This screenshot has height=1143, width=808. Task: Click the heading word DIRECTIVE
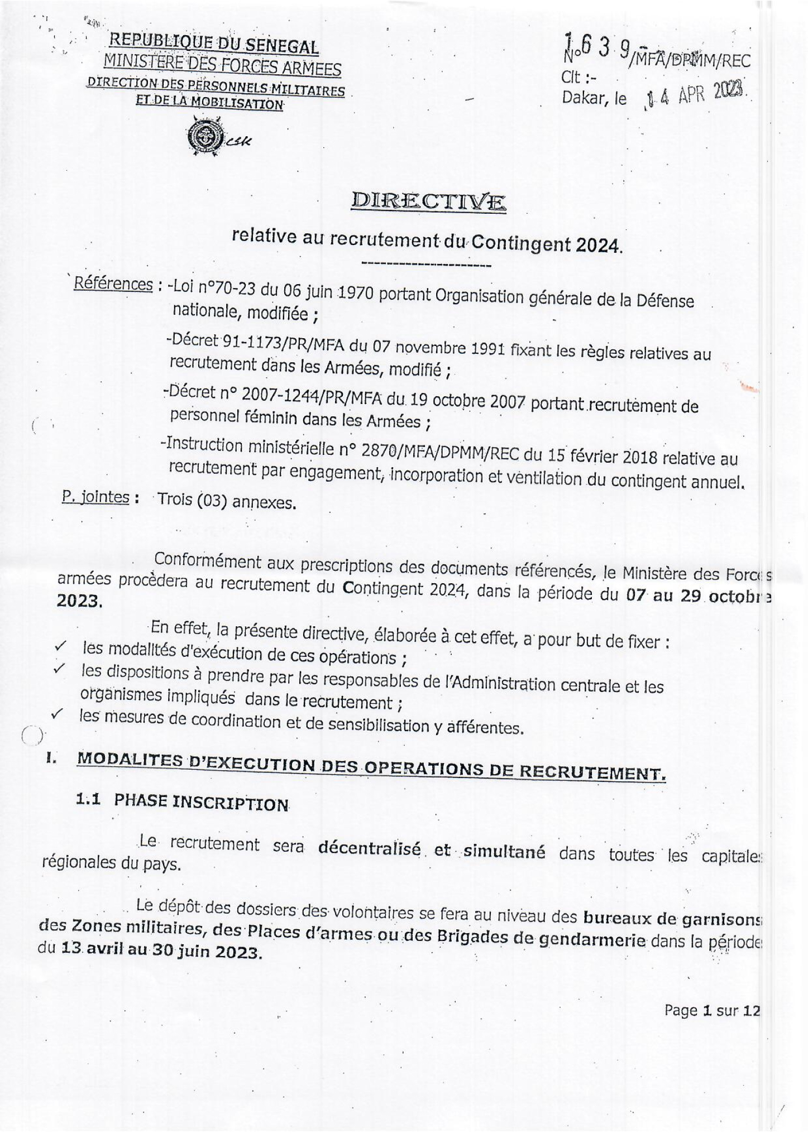(x=428, y=201)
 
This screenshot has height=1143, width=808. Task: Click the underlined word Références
(x=113, y=284)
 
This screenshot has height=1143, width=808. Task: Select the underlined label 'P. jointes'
(x=96, y=497)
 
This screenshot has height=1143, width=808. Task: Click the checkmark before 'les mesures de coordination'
(x=56, y=713)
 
